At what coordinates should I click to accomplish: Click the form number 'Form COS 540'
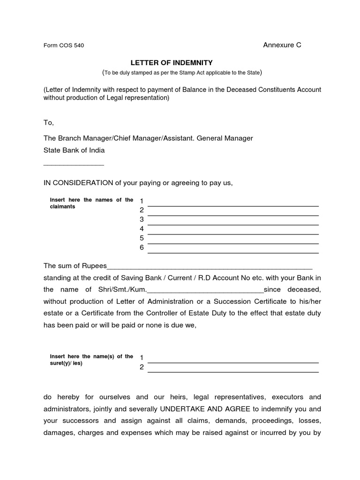tap(64, 45)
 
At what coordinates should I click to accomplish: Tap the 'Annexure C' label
tap(282, 45)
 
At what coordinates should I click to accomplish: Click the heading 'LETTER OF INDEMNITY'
tap(172, 62)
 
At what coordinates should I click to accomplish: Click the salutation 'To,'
tap(49, 122)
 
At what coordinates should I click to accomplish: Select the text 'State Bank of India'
tap(74, 150)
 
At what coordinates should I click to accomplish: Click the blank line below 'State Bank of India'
tap(74, 165)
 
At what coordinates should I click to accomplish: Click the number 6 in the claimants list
tap(141, 247)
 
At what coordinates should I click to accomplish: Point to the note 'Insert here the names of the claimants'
tap(91, 203)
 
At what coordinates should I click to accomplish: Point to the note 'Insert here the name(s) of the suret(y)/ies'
tap(91, 360)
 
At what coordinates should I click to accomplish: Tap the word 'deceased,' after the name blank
tap(305, 289)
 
